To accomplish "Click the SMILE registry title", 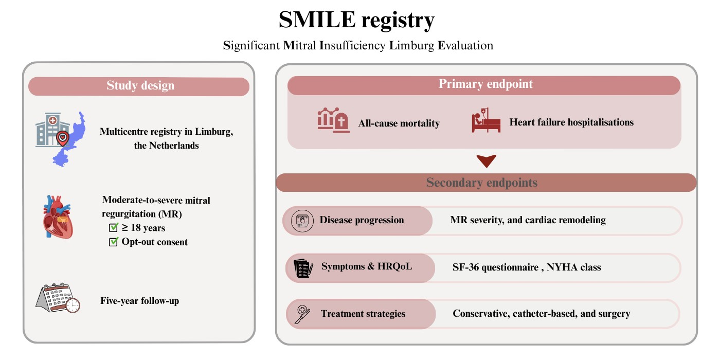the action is [356, 20].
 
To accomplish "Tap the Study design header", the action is [140, 85].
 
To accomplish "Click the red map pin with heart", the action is [63, 139].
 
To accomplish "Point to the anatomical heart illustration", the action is [58, 217].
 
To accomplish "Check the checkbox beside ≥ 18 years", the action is [114, 227].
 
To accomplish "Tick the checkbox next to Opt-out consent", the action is [114, 241].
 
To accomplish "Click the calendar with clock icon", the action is [58, 298].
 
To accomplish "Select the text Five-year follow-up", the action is [139, 301].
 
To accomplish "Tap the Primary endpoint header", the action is [485, 84].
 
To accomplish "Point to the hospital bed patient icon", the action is [486, 120].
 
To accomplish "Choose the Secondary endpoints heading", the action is [481, 183].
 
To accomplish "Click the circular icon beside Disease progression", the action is [302, 221].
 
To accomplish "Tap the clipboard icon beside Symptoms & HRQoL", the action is [303, 268].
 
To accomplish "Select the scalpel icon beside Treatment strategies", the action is [302, 314].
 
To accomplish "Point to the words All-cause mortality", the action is [399, 123].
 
